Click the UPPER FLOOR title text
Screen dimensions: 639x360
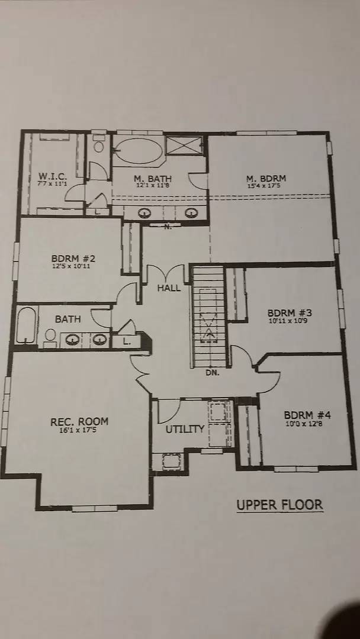(x=279, y=505)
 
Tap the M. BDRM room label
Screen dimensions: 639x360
(x=266, y=178)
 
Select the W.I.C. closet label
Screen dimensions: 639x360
(x=53, y=176)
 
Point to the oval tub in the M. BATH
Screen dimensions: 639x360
(x=139, y=150)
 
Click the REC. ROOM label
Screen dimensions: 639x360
(x=79, y=421)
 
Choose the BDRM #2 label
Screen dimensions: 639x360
(x=73, y=258)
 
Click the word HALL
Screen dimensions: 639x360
(x=169, y=288)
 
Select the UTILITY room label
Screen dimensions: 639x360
(x=185, y=429)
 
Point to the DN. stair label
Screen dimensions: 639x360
(x=213, y=373)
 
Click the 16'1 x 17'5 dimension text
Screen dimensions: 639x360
(x=79, y=431)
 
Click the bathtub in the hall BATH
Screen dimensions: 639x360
(x=26, y=326)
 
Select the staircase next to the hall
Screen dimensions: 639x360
(x=209, y=317)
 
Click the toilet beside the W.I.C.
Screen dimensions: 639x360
(x=99, y=145)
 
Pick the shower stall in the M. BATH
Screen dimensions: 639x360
(x=184, y=146)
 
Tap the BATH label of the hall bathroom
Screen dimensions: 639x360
(x=68, y=319)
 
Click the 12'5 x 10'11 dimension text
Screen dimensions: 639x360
(x=73, y=267)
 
